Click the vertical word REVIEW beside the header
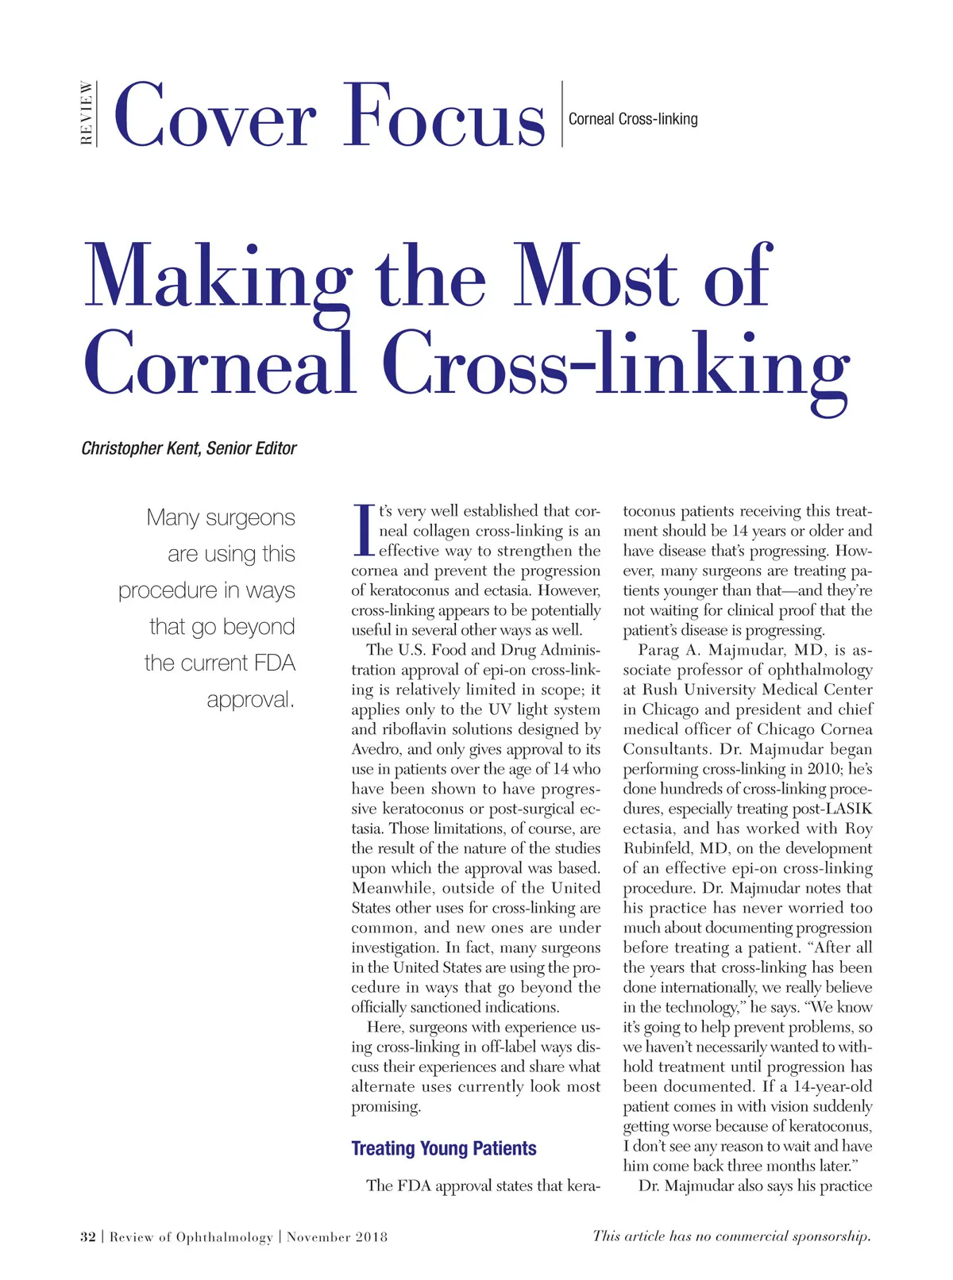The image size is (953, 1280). (x=87, y=113)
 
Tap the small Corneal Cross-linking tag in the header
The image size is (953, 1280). (x=633, y=119)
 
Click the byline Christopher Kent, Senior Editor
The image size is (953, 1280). (x=189, y=448)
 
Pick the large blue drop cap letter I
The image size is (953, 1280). (x=362, y=530)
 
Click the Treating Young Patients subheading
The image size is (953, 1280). (x=444, y=1148)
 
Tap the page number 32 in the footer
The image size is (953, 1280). (x=88, y=1236)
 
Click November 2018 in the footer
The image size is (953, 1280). (x=338, y=1236)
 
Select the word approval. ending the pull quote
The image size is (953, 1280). (x=250, y=700)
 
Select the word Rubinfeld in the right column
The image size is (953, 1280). (x=656, y=848)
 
